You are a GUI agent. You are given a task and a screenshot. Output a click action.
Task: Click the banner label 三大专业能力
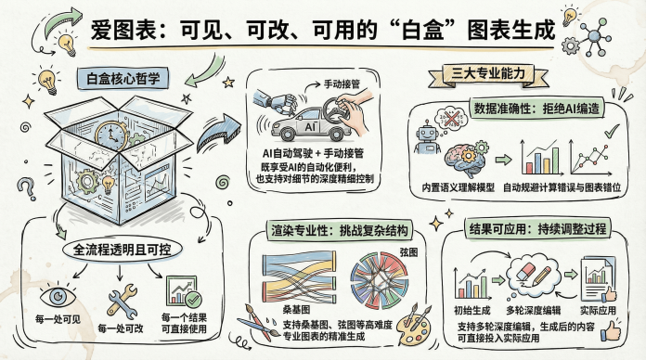(488, 74)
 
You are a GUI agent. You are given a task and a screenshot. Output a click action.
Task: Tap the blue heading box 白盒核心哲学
(123, 78)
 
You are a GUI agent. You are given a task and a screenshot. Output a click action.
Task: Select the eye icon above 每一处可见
(58, 297)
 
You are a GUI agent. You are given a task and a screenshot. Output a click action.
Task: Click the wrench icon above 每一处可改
(122, 302)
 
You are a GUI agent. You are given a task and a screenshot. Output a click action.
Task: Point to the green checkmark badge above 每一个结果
(193, 300)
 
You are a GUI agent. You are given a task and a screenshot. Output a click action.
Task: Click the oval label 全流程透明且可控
(122, 250)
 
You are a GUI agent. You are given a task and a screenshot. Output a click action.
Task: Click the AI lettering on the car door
(310, 127)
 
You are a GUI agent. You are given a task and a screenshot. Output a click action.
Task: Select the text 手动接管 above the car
(342, 84)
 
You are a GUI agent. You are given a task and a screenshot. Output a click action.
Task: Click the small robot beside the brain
(427, 137)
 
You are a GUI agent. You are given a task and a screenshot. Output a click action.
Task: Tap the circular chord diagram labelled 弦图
(379, 276)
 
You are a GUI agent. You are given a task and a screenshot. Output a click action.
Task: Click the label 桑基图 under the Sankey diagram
(296, 309)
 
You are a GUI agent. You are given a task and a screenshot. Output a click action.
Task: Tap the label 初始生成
(472, 310)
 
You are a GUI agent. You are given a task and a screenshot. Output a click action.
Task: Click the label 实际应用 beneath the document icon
(598, 310)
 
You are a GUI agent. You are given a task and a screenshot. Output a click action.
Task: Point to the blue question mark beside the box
(26, 187)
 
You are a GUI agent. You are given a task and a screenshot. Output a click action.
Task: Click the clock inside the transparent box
(111, 135)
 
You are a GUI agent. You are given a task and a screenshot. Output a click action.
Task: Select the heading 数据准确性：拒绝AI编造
(536, 108)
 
